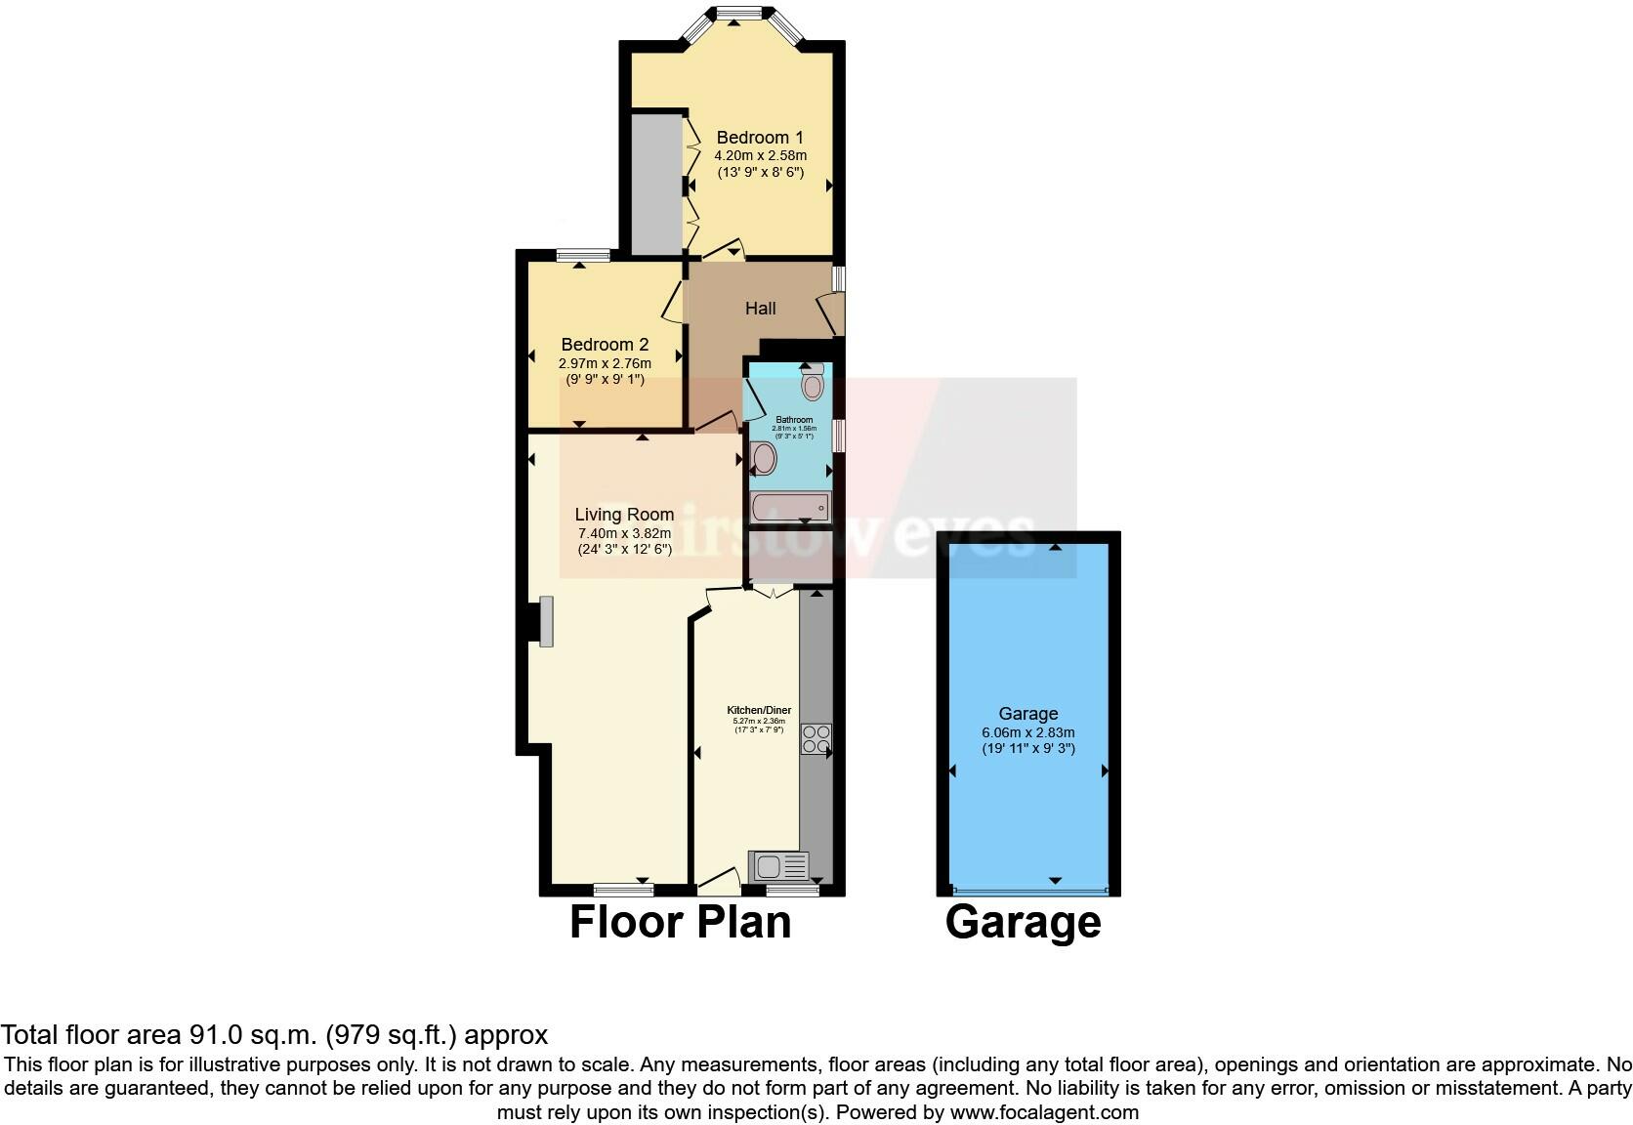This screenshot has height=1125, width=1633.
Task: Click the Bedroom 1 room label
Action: [760, 138]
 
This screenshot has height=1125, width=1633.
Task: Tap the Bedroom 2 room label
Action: [605, 345]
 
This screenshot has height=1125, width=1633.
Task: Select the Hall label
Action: [760, 309]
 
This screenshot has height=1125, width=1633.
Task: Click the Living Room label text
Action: [624, 515]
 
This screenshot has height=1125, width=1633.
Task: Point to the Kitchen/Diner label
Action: [759, 710]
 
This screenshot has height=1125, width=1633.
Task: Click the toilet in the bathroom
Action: [812, 383]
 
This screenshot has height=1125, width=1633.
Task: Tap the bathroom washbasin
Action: [765, 457]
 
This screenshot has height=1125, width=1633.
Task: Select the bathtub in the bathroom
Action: [790, 508]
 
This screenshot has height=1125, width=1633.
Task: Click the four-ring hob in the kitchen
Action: [816, 738]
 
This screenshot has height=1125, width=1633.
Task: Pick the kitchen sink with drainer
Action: [778, 865]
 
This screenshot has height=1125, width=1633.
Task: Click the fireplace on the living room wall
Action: [545, 621]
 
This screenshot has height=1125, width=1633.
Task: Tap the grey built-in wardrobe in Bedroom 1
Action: [655, 184]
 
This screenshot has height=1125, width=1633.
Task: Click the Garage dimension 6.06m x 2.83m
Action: [1027, 732]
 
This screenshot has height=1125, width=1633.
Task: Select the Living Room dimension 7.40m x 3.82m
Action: [624, 533]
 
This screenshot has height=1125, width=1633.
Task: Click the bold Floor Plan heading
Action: [680, 922]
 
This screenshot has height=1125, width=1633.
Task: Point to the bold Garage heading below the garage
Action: [1023, 922]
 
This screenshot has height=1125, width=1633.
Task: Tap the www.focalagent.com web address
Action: [1043, 1111]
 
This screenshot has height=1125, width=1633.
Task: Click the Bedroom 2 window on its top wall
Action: [583, 256]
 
